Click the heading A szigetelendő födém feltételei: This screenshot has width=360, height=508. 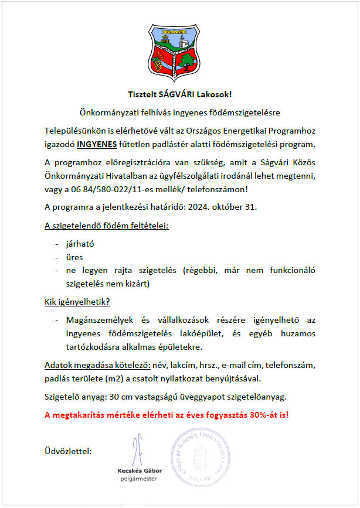[x=106, y=226]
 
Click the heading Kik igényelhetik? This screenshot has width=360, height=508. [x=77, y=302]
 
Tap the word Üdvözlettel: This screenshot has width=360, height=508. [x=67, y=451]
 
